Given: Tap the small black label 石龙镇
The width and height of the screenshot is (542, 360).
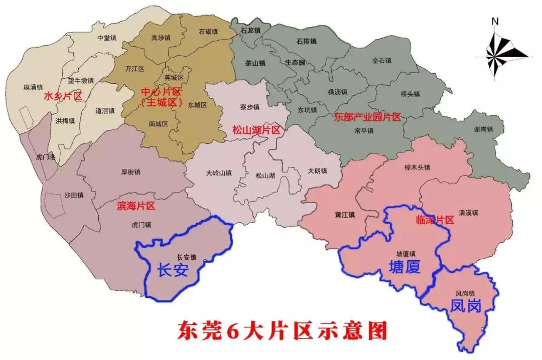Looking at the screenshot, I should [250, 31].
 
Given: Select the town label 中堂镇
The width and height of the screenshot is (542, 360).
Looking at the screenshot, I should [107, 37].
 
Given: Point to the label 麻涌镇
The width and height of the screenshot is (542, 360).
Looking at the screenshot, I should [33, 87].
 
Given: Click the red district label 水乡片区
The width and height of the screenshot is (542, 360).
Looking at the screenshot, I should [63, 96].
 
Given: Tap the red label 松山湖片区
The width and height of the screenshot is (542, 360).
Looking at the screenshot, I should [255, 129].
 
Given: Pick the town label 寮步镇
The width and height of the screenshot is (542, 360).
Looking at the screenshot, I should [249, 107].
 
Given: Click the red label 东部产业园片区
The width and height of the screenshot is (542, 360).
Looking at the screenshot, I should [367, 118].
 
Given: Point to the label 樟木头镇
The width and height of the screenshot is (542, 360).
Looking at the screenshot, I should [417, 167].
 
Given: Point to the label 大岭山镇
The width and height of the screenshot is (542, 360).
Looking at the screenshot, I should [219, 173].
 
